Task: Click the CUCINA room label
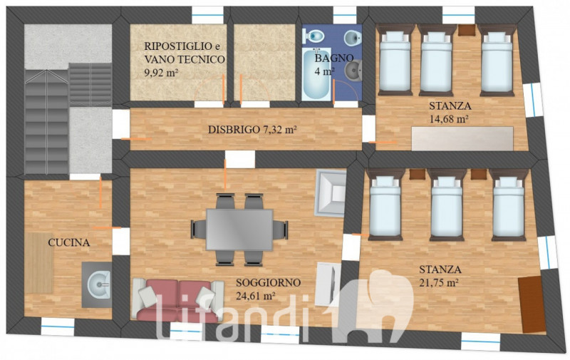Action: click(x=68, y=242)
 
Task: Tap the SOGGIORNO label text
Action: click(x=269, y=282)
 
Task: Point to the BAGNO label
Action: click(x=334, y=58)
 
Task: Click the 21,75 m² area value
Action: click(x=438, y=283)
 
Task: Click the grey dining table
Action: click(x=239, y=230)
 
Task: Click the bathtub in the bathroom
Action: click(x=316, y=74)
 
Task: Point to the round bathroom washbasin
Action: click(x=353, y=71)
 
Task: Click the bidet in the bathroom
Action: click(x=352, y=37)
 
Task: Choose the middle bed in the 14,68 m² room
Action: click(x=436, y=60)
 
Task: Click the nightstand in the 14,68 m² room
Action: click(x=467, y=30)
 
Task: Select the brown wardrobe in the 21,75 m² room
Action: click(x=532, y=304)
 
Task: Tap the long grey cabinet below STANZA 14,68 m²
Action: click(x=462, y=138)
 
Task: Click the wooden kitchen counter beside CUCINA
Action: click(x=39, y=263)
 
